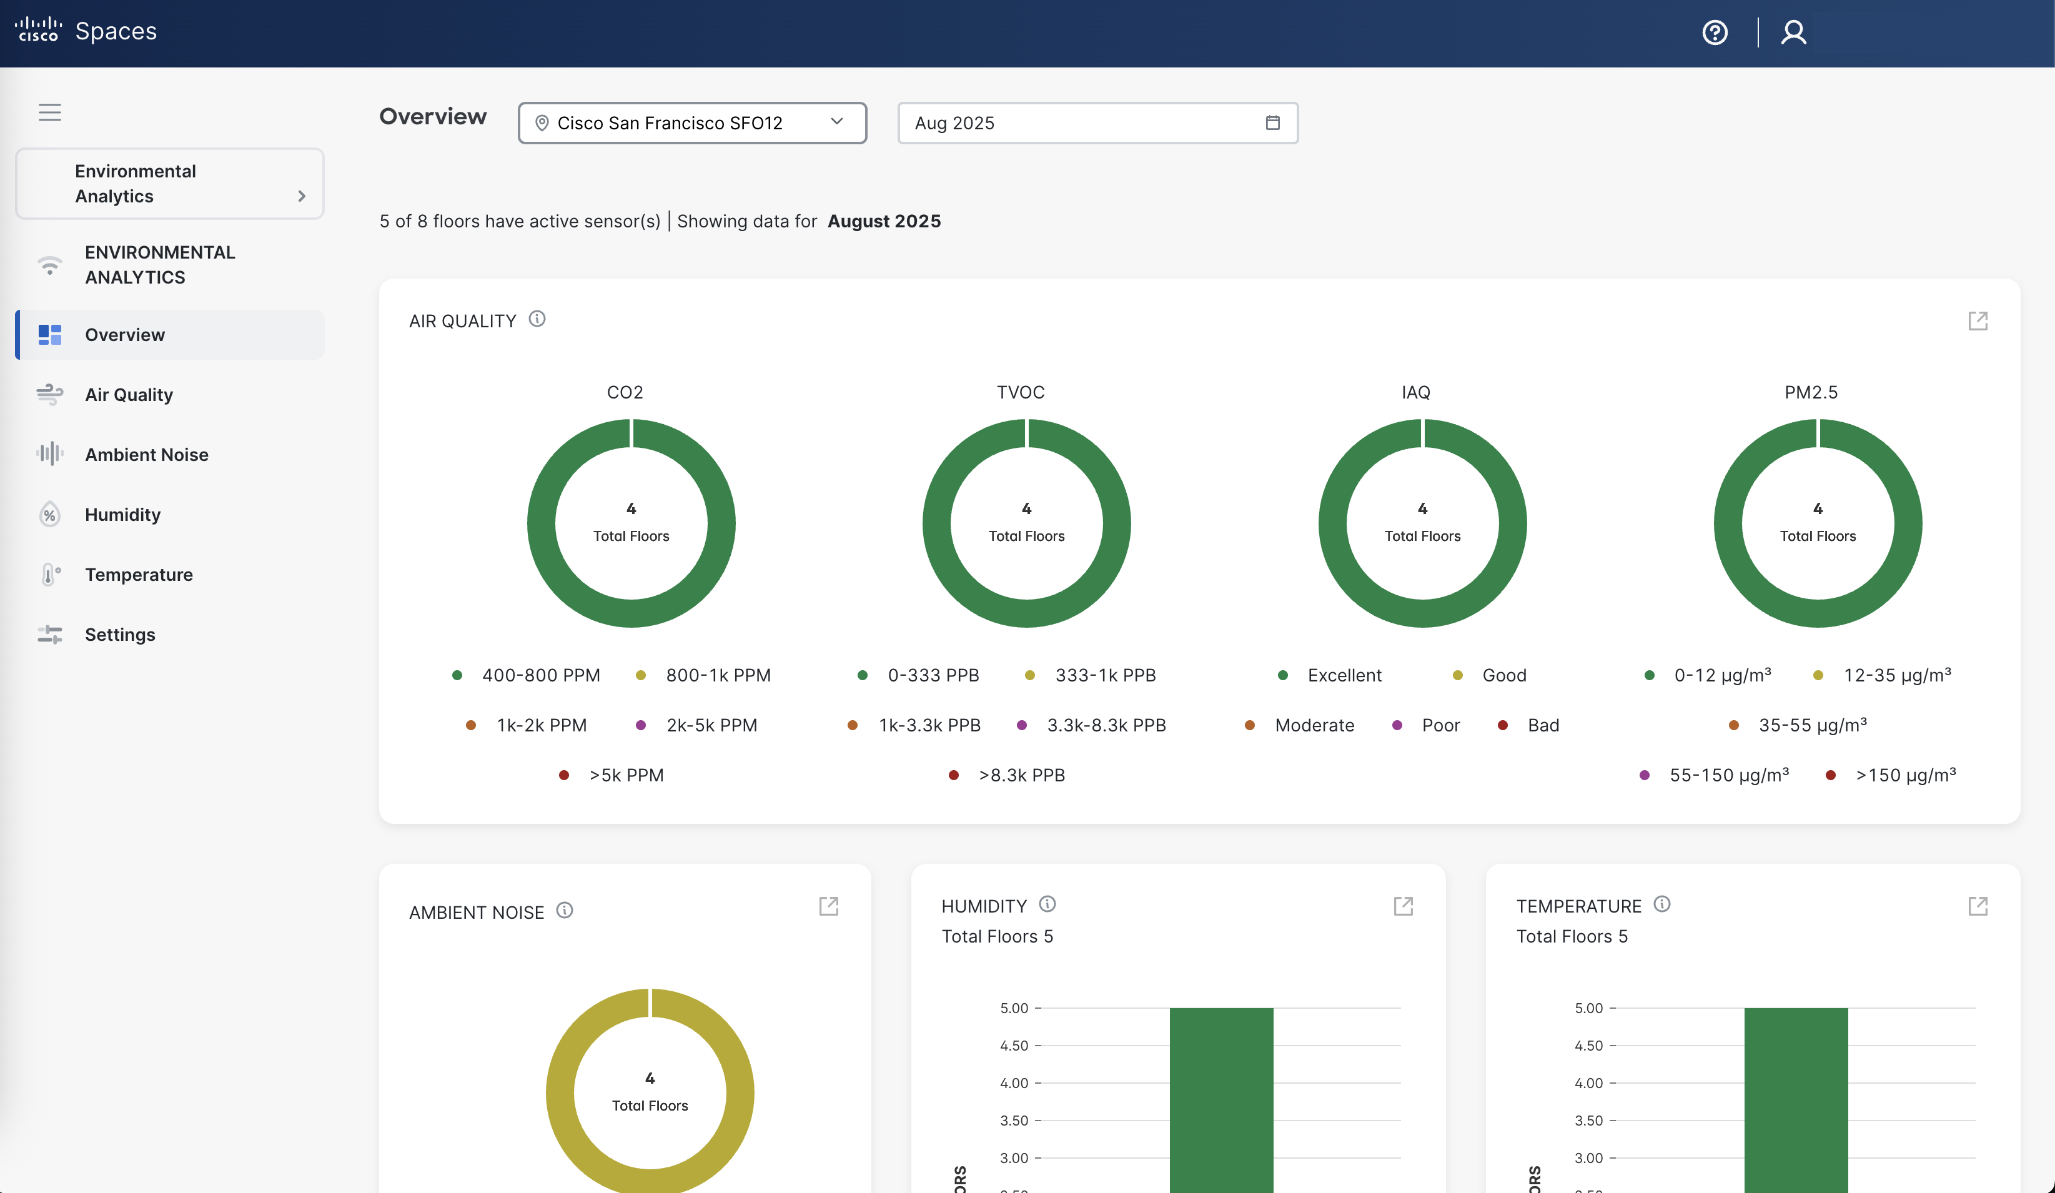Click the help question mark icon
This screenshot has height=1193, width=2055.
[1715, 32]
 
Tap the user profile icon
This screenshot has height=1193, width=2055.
[1793, 32]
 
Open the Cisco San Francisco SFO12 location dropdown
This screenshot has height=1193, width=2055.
[691, 123]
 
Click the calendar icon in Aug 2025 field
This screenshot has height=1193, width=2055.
[1272, 123]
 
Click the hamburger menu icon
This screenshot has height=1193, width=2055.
[50, 112]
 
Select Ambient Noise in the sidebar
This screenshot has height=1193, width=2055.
[147, 454]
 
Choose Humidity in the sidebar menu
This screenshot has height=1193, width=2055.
[122, 515]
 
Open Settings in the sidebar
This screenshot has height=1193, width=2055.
[120, 635]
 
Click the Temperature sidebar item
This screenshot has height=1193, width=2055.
[139, 575]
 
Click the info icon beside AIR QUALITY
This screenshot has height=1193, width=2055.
[537, 319]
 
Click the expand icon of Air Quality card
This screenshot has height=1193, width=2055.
[1978, 320]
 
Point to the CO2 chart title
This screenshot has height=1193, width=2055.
[625, 392]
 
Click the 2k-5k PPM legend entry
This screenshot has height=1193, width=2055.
[711, 725]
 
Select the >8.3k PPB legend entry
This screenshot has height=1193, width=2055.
[1021, 775]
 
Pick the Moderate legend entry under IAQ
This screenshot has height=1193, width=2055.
[1314, 725]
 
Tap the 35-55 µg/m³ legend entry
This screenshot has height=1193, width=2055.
[1812, 725]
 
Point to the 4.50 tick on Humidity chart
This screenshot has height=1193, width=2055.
[1014, 1046]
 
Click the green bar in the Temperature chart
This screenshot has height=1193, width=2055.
[1796, 1101]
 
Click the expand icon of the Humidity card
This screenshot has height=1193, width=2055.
[1403, 906]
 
